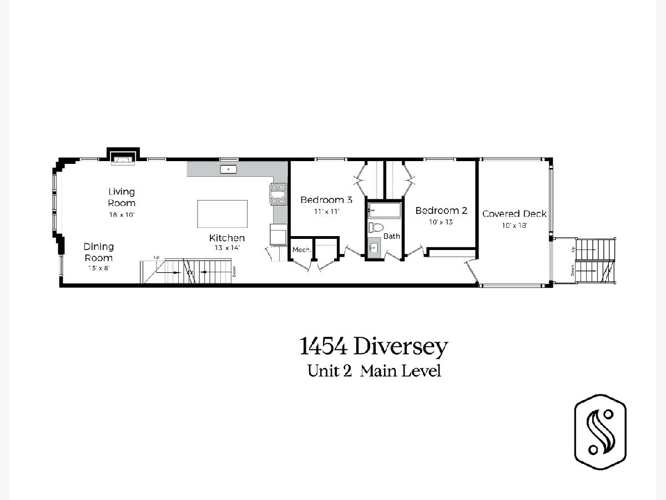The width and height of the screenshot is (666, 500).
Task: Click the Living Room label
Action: (x=122, y=197)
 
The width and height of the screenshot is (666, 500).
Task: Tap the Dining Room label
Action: (x=99, y=252)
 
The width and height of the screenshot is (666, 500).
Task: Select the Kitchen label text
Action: (x=227, y=238)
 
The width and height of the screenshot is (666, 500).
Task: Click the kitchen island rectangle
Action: (x=222, y=214)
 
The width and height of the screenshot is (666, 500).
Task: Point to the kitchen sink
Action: (x=228, y=169)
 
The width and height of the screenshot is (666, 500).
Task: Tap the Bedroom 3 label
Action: (x=326, y=200)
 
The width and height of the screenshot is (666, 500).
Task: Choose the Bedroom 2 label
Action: (x=441, y=211)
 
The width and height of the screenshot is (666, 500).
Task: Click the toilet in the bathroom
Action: (x=376, y=227)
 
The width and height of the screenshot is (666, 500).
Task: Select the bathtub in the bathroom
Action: (x=385, y=211)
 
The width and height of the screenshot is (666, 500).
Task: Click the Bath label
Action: (x=391, y=236)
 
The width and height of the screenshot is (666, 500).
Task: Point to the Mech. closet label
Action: (x=301, y=250)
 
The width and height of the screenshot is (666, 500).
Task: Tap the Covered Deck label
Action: (x=514, y=214)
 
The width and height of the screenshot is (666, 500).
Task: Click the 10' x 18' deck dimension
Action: (x=514, y=225)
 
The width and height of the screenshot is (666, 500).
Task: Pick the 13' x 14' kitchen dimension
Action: (x=227, y=248)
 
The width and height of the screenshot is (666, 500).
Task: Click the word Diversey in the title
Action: (x=401, y=347)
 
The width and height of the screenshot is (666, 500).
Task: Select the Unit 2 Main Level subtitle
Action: (x=374, y=371)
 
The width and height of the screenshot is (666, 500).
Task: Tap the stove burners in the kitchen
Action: (x=278, y=194)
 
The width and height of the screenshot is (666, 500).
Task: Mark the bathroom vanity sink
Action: (x=374, y=248)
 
